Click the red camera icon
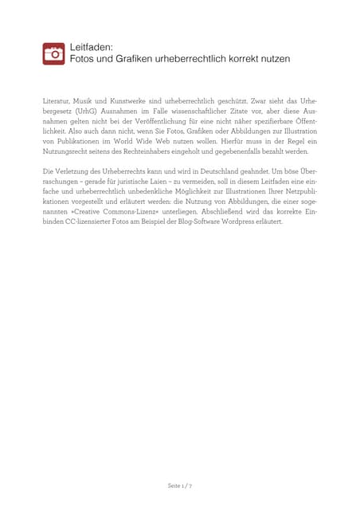(53, 53)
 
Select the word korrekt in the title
(248, 60)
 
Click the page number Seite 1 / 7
(180, 485)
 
